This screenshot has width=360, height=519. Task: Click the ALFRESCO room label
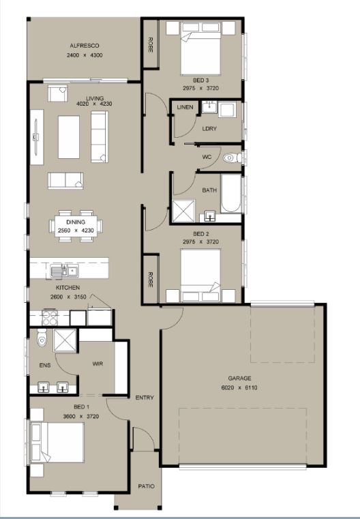pyautogui.click(x=85, y=46)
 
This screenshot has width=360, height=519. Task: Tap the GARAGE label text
pyautogui.click(x=239, y=378)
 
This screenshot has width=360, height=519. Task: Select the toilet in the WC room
pyautogui.click(x=232, y=158)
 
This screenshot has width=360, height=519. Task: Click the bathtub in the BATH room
pyautogui.click(x=230, y=193)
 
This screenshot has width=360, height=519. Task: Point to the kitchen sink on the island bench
pyautogui.click(x=65, y=271)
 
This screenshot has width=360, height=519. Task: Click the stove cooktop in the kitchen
pyautogui.click(x=50, y=317)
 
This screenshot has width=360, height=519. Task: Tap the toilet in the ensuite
pyautogui.click(x=42, y=338)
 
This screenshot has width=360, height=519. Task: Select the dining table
pyautogui.click(x=76, y=226)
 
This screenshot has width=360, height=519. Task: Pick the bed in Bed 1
pyautogui.click(x=57, y=443)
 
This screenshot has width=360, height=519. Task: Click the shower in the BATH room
pyautogui.click(x=183, y=211)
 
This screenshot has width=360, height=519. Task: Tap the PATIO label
pyautogui.click(x=146, y=486)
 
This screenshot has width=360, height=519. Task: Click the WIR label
pyautogui.click(x=97, y=364)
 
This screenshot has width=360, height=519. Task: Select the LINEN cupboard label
pyautogui.click(x=185, y=107)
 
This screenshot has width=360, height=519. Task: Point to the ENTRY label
pyautogui.click(x=145, y=398)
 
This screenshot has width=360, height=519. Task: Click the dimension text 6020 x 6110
pyautogui.click(x=239, y=387)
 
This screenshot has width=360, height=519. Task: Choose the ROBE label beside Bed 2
pyautogui.click(x=151, y=280)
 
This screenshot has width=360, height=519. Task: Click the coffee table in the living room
pyautogui.click(x=69, y=137)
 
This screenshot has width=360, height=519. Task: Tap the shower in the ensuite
pyautogui.click(x=65, y=340)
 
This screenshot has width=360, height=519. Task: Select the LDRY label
pyautogui.click(x=209, y=128)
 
